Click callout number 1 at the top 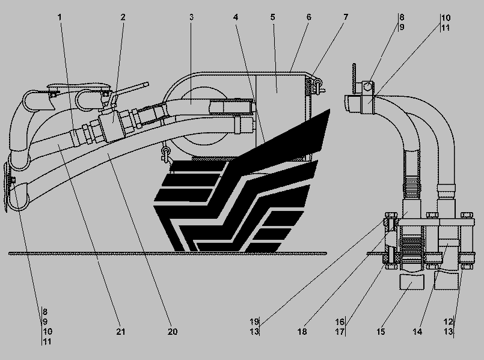point(60,17)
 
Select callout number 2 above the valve point(123,17)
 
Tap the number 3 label point(191,17)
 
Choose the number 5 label point(272,17)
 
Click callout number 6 point(308,17)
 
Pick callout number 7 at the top point(346,17)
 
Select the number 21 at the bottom point(120,331)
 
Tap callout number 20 point(173,331)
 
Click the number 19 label point(256,322)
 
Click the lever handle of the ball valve point(132,91)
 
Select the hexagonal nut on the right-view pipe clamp point(368,87)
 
